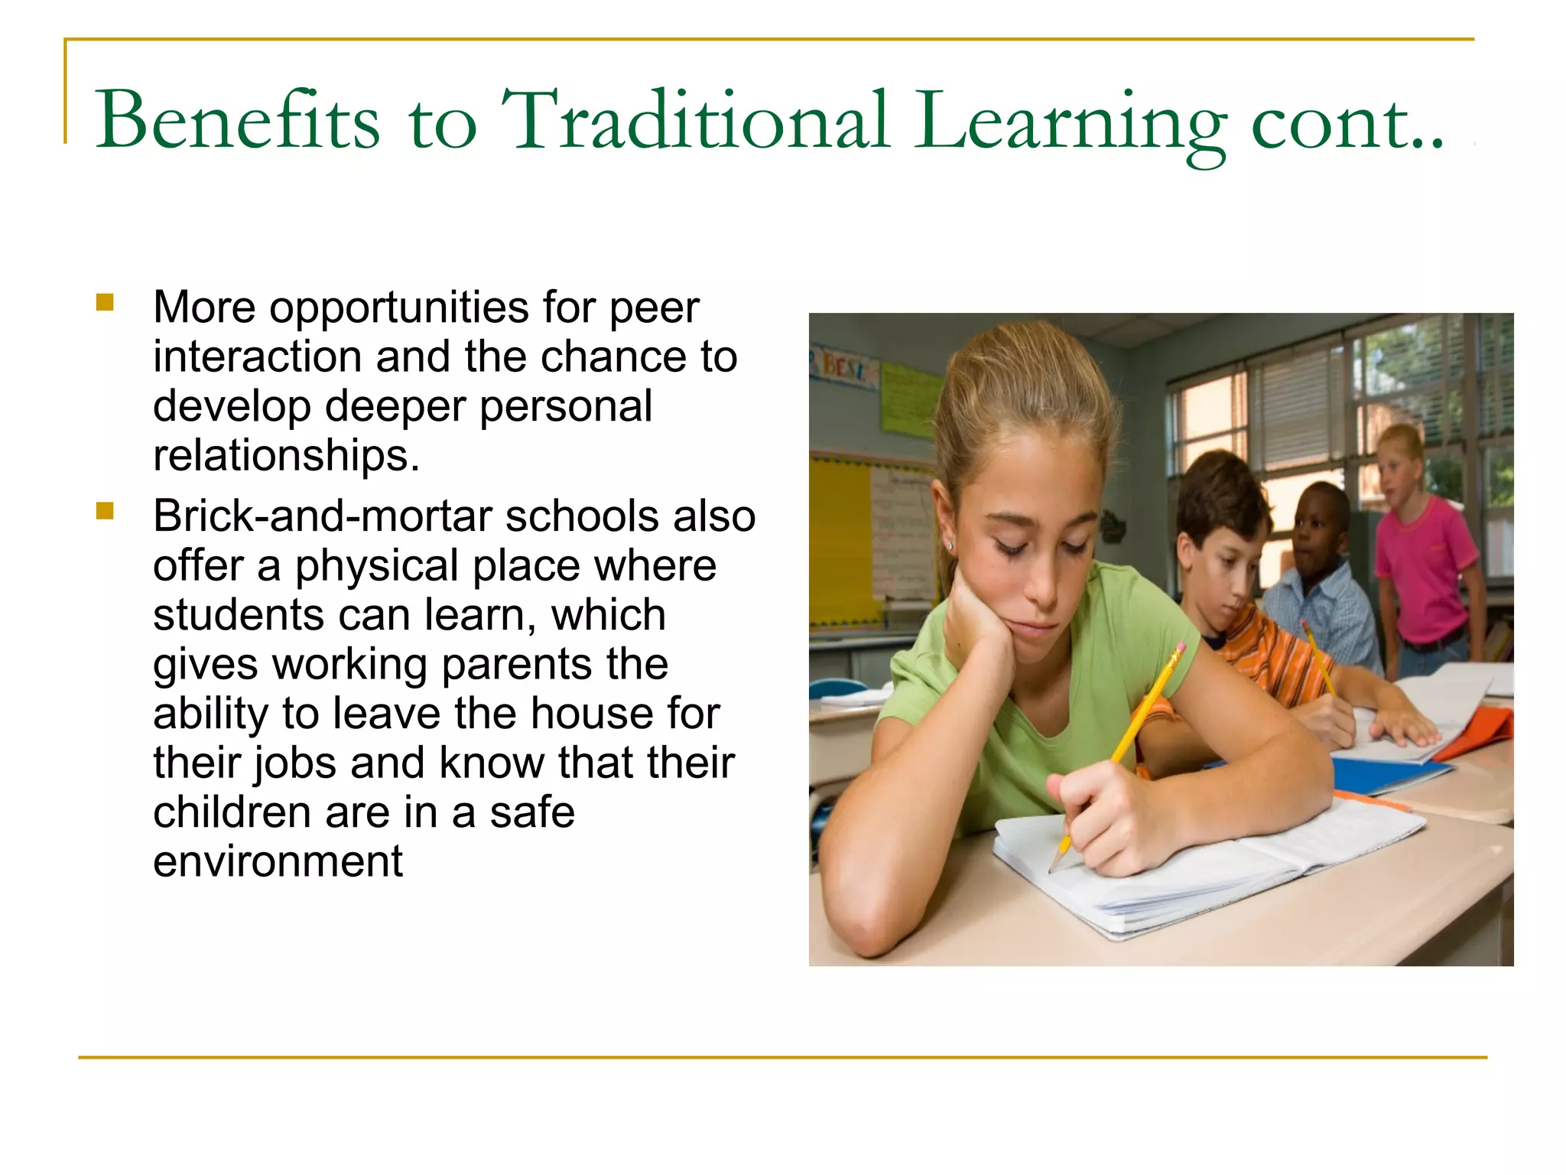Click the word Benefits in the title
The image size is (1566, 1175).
tap(237, 121)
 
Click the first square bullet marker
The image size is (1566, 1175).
tap(105, 302)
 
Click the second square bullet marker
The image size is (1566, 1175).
tap(105, 510)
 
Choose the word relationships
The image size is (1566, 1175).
tap(286, 456)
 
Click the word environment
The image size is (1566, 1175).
tap(278, 862)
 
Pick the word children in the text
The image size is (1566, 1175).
tap(232, 812)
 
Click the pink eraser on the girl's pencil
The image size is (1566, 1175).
tap(1180, 648)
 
